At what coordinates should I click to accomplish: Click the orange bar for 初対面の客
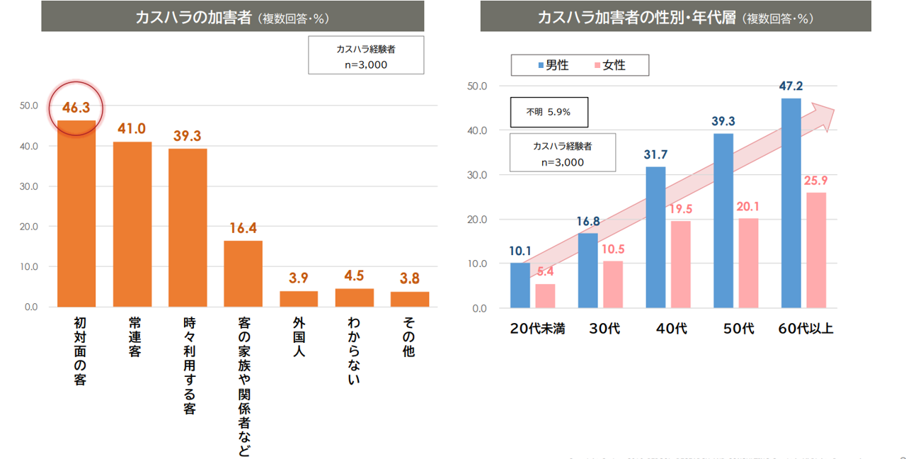[76, 213]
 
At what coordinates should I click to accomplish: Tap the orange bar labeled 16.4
[243, 273]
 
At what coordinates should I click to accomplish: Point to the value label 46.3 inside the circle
[76, 108]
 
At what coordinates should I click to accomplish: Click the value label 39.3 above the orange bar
[188, 135]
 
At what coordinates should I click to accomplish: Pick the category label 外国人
[298, 336]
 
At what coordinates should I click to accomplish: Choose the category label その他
[409, 336]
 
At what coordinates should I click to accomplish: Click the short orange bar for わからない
[354, 297]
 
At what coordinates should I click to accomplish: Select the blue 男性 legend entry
[554, 65]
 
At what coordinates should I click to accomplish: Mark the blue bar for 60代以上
[791, 203]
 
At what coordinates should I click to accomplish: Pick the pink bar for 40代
[681, 264]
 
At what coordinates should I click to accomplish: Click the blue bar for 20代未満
[520, 285]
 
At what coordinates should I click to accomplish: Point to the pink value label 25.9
[815, 181]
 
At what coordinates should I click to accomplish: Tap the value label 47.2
[791, 86]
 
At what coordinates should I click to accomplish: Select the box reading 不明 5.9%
[549, 112]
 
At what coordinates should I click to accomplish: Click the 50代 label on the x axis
[738, 329]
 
